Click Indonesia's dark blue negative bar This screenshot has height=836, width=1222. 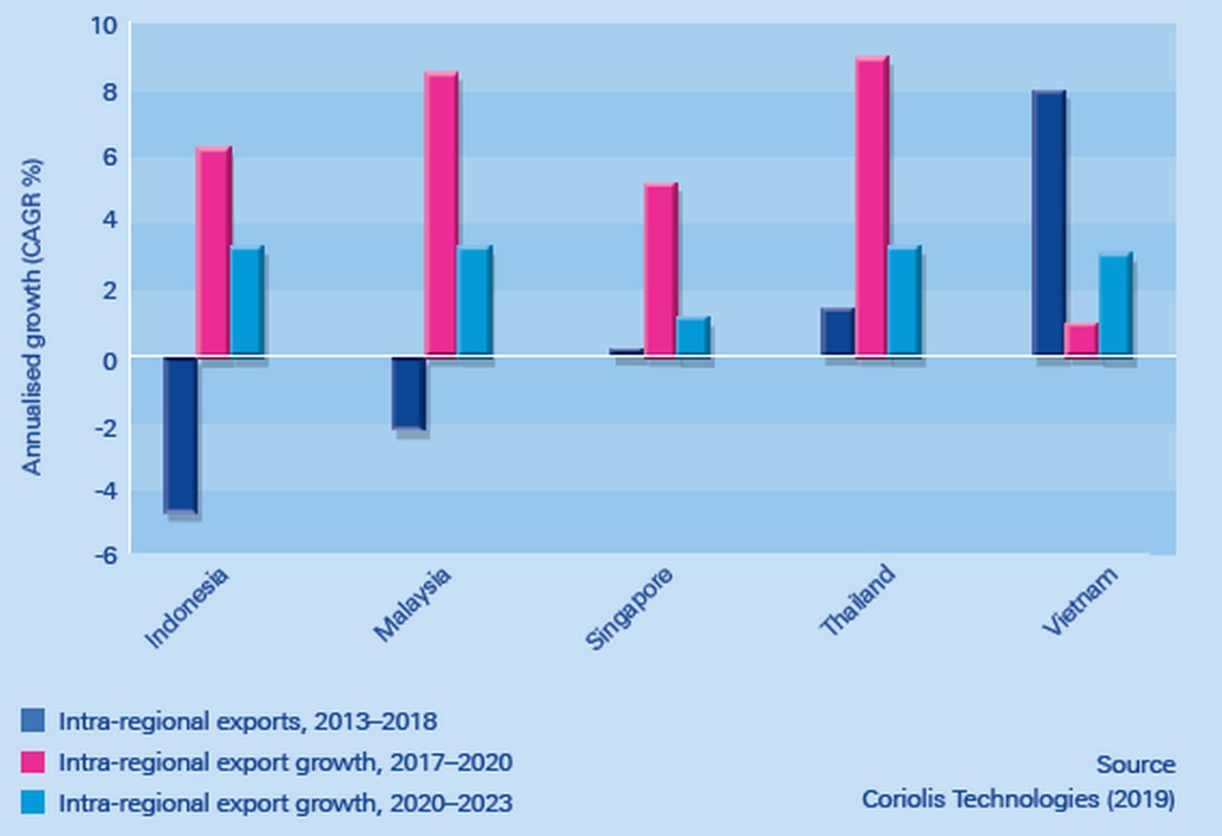click(x=180, y=435)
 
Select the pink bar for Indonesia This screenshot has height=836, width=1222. click(x=213, y=252)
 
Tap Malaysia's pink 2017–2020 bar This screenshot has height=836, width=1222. click(x=441, y=214)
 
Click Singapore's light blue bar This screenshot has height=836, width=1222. click(x=693, y=337)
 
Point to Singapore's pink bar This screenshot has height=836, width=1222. click(x=661, y=270)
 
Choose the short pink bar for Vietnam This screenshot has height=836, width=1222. click(x=1082, y=340)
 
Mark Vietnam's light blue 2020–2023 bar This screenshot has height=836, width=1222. click(x=1115, y=304)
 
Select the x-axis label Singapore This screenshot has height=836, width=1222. click(x=630, y=608)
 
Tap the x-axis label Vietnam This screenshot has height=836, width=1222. click(x=1080, y=601)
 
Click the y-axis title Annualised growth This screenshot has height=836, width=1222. click(x=32, y=315)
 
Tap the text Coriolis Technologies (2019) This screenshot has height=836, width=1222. click(x=1018, y=800)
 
